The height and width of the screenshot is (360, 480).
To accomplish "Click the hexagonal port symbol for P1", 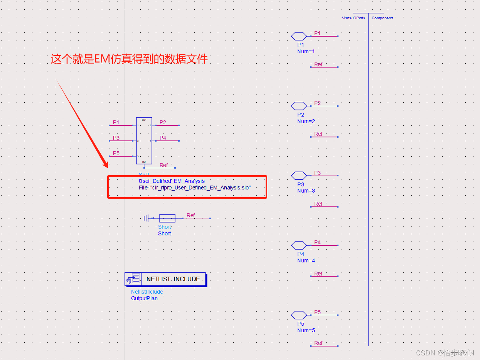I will click(299, 36).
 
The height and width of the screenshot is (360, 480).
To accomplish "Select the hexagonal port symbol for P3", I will click(299, 176).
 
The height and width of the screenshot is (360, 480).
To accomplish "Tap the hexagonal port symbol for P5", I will click(299, 315).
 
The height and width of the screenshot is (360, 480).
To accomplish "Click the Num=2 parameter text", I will click(306, 121).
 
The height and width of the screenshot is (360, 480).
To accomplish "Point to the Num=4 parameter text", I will click(306, 260).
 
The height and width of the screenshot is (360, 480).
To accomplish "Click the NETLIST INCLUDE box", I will click(173, 279).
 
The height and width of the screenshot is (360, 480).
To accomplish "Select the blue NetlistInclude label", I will click(147, 292).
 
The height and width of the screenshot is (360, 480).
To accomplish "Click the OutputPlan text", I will click(144, 298).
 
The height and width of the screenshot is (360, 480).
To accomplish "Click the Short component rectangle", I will click(167, 218).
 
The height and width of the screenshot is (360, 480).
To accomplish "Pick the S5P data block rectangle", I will click(144, 141).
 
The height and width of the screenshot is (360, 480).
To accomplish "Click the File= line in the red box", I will click(195, 188).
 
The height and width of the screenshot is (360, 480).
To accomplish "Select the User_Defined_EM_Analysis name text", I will click(172, 181).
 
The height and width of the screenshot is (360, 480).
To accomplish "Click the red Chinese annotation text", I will click(129, 59).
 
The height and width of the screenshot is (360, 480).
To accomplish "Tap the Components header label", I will click(382, 18).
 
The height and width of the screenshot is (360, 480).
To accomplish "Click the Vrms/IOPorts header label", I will click(354, 18).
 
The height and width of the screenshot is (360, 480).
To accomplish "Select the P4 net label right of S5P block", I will click(163, 138).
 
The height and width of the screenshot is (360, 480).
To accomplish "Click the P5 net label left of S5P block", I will click(116, 153).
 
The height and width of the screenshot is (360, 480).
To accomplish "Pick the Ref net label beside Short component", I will click(191, 215).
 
